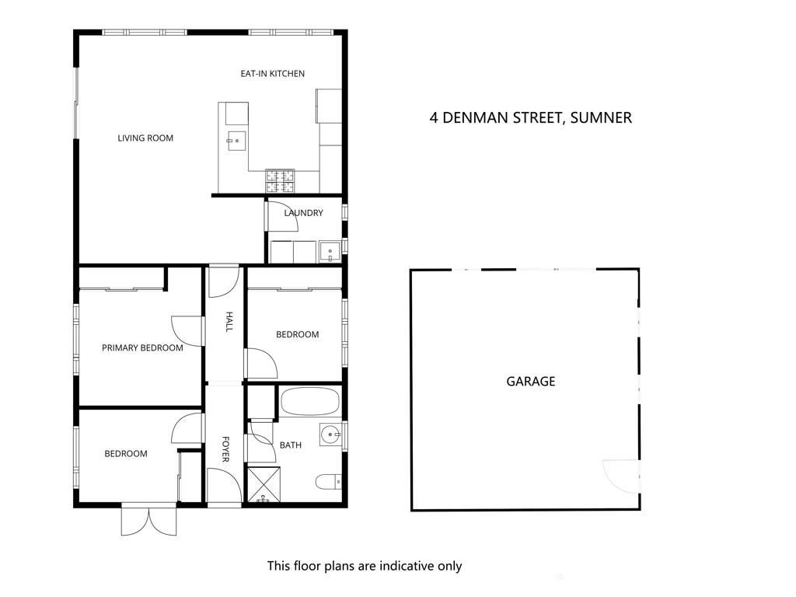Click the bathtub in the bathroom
[309, 402]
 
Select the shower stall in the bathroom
[264, 484]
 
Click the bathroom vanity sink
[331, 435]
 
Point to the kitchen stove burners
[280, 181]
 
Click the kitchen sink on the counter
[236, 141]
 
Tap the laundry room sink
[330, 253]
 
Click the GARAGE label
[530, 381]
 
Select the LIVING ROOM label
[145, 138]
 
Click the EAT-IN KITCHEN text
[273, 74]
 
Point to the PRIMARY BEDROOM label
[142, 347]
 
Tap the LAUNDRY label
[304, 213]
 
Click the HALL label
[229, 322]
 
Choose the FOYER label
[226, 449]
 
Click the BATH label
[291, 445]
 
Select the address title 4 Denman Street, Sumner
[530, 118]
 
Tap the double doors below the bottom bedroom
[148, 520]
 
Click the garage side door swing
[620, 476]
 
